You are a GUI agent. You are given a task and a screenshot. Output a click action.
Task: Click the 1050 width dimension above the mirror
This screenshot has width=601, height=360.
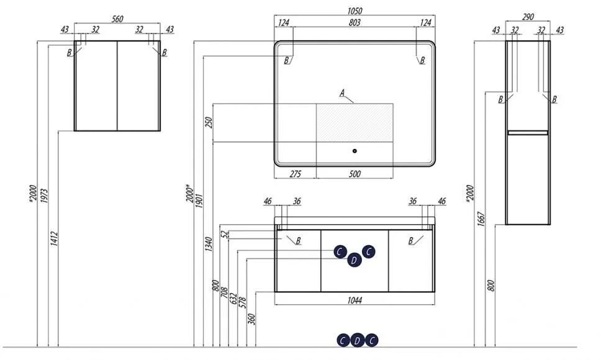tap(354, 11)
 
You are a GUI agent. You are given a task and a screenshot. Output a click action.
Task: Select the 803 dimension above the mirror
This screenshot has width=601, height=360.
tap(355, 22)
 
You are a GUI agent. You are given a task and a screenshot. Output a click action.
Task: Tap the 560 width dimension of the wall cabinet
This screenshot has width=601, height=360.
tap(117, 19)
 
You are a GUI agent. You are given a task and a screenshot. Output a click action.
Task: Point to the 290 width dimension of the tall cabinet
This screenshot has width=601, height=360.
tap(528, 17)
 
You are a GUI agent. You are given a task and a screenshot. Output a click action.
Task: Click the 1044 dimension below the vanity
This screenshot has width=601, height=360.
tap(355, 300)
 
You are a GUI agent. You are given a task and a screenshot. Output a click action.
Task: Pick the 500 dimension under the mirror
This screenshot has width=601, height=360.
tap(355, 174)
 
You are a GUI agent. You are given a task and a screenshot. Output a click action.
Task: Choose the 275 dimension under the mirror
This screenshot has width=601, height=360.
tap(295, 174)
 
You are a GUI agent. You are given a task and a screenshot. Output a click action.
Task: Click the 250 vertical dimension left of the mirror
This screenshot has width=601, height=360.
tap(209, 122)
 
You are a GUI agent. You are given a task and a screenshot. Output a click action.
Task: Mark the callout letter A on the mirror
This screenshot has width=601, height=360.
tap(342, 92)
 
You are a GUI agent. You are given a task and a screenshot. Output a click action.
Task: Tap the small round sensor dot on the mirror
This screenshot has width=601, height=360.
tap(355, 151)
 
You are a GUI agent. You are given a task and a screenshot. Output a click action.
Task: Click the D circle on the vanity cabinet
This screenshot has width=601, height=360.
tap(354, 261)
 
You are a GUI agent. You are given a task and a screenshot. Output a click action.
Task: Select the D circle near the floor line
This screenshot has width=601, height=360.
tap(357, 340)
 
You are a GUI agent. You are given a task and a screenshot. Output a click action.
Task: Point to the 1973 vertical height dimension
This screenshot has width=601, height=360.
tap(45, 196)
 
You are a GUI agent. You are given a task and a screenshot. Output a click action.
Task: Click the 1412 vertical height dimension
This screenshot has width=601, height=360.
tap(55, 238)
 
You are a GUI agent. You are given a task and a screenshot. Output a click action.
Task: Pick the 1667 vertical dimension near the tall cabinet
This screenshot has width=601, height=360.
tap(481, 218)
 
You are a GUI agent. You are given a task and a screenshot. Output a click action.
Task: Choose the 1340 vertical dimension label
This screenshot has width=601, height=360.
tap(209, 244)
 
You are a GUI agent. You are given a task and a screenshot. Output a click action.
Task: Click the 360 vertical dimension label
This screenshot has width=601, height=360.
tap(251, 319)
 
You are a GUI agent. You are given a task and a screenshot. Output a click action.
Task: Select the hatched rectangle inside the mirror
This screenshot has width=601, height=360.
tap(355, 122)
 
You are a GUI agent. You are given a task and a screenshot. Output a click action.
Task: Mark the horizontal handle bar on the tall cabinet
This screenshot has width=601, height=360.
tap(528, 132)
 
